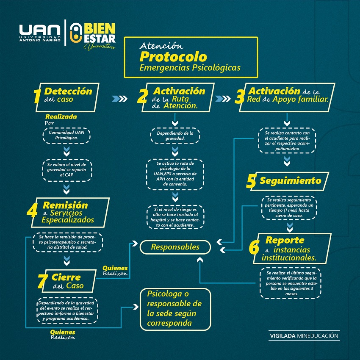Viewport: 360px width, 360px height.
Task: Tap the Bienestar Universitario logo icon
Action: pyautogui.click(x=75, y=33)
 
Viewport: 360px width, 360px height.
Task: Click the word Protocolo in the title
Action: pyautogui.click(x=174, y=56)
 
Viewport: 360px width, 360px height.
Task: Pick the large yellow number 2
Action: pyautogui.click(x=143, y=97)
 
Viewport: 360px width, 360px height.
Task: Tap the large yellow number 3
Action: pyautogui.click(x=240, y=97)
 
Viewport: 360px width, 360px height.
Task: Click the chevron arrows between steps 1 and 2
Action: pyautogui.click(x=120, y=99)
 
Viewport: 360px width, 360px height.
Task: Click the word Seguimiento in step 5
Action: pyautogui.click(x=290, y=181)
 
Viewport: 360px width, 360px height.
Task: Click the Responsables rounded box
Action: pyautogui.click(x=175, y=246)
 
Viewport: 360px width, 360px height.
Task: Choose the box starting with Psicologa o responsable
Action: pyautogui.click(x=175, y=309)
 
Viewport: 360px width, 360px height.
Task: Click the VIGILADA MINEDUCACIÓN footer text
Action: pyautogui.click(x=305, y=336)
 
